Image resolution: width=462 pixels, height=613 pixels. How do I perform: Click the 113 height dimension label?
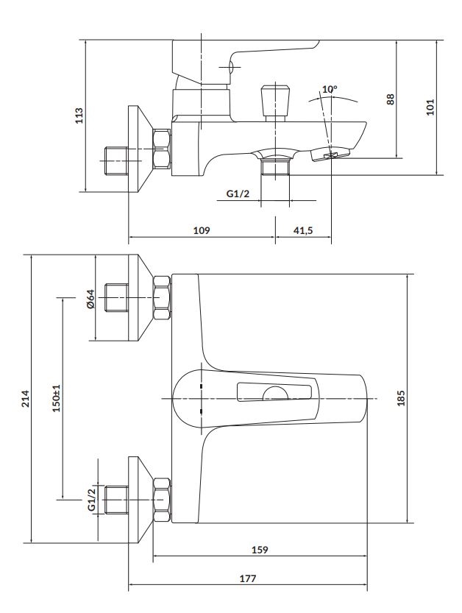click(x=79, y=116)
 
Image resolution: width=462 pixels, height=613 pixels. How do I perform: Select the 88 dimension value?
click(x=391, y=98)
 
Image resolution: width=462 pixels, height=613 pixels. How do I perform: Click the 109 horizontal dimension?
click(x=202, y=230)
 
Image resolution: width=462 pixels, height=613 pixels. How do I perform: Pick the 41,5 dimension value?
click(x=303, y=230)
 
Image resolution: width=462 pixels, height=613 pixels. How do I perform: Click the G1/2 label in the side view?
click(x=238, y=194)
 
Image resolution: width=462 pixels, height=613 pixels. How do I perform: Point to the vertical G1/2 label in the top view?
click(x=92, y=499)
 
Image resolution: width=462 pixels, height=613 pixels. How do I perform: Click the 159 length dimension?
click(x=260, y=550)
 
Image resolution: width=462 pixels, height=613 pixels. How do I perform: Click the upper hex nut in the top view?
click(x=161, y=297)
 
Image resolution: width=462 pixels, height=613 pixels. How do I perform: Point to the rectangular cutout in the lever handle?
click(x=276, y=394)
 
